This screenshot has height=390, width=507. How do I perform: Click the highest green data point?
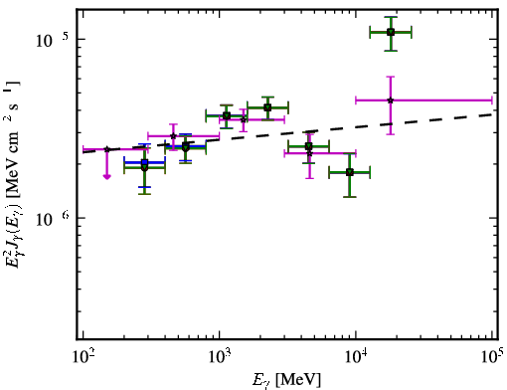click(x=391, y=32)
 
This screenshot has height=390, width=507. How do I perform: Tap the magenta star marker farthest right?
click(x=391, y=100)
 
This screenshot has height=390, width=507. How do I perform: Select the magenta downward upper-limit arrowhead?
click(x=106, y=177)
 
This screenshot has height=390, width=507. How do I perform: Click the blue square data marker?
click(x=144, y=162)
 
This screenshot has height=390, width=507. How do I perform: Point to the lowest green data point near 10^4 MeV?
click(x=350, y=172)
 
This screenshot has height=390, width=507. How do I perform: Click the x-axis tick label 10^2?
click(x=83, y=356)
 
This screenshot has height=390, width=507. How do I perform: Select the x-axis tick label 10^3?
click(x=219, y=356)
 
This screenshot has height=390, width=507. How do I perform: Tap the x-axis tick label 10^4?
click(x=356, y=356)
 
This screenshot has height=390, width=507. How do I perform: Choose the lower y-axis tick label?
click(x=53, y=219)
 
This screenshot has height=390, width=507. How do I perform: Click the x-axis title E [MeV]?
click(x=286, y=380)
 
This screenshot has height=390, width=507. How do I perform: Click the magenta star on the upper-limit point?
click(x=106, y=149)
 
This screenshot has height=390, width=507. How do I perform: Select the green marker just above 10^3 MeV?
click(x=227, y=115)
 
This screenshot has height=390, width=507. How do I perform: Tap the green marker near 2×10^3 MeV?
click(x=267, y=107)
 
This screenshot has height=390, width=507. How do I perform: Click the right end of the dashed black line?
click(x=493, y=114)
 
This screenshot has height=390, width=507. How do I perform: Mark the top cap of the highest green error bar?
click(x=391, y=17)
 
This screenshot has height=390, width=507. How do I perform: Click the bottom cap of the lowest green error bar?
click(x=350, y=197)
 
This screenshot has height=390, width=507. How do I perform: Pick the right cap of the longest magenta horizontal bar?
click(x=492, y=99)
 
